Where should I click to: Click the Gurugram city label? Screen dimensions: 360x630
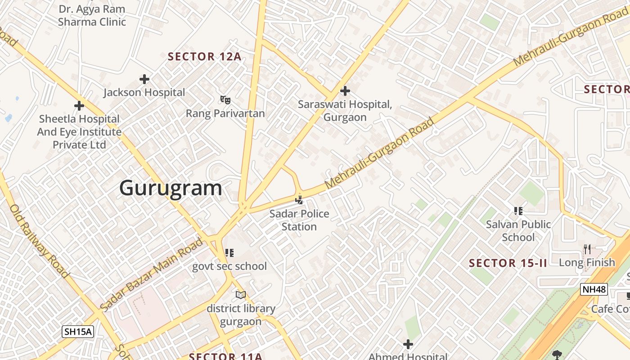(171, 188)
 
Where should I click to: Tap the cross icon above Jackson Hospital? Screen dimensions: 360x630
(144, 80)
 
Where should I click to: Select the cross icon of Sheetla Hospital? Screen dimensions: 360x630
(79, 106)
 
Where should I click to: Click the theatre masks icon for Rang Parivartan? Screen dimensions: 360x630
(225, 99)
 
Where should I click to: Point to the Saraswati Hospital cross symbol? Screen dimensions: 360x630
(345, 91)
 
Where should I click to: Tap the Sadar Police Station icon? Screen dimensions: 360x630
(299, 199)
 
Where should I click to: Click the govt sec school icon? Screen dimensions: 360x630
(229, 253)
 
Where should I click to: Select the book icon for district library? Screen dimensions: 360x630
(241, 295)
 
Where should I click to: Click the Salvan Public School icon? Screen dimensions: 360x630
(518, 211)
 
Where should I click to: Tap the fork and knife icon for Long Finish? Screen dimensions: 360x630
(587, 249)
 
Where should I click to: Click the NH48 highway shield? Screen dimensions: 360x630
(594, 289)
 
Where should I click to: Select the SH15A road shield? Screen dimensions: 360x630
(78, 332)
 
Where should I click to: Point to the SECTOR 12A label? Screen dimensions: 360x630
(205, 57)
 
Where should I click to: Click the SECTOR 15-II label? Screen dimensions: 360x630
(508, 263)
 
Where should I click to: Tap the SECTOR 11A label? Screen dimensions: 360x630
(225, 356)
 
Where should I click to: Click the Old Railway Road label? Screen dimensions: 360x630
(39, 241)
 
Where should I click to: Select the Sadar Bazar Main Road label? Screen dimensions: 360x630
(151, 275)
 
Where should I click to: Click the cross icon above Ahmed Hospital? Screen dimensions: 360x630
(408, 345)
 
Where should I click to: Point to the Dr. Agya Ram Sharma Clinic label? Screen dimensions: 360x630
(92, 15)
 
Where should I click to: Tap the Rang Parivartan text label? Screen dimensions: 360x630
(225, 113)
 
